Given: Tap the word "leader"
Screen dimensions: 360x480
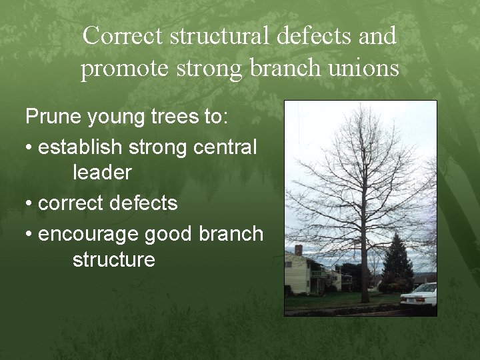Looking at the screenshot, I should [x=102, y=173].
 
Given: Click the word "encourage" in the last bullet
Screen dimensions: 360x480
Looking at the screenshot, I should [x=88, y=234].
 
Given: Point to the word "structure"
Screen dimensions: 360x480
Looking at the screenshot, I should [x=113, y=259].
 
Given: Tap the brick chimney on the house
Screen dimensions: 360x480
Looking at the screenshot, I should [x=298, y=250].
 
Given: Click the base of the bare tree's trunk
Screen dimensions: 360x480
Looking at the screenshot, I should [x=365, y=299].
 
